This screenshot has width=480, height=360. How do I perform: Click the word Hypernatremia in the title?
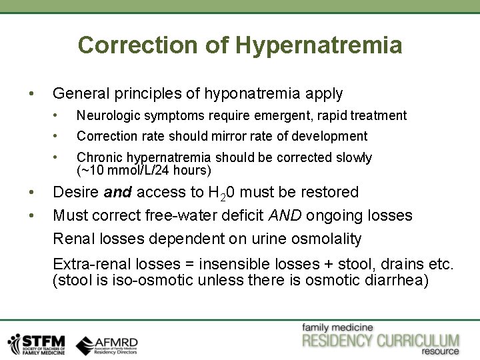pyautogui.click(x=319, y=45)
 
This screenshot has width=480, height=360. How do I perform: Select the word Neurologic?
pyautogui.click(x=107, y=115)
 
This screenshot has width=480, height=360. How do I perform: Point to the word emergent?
pyautogui.click(x=287, y=115)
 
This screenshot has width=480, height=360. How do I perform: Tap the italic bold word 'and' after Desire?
pyautogui.click(x=117, y=192)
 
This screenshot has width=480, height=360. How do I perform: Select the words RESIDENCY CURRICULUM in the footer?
pyautogui.click(x=380, y=341)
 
